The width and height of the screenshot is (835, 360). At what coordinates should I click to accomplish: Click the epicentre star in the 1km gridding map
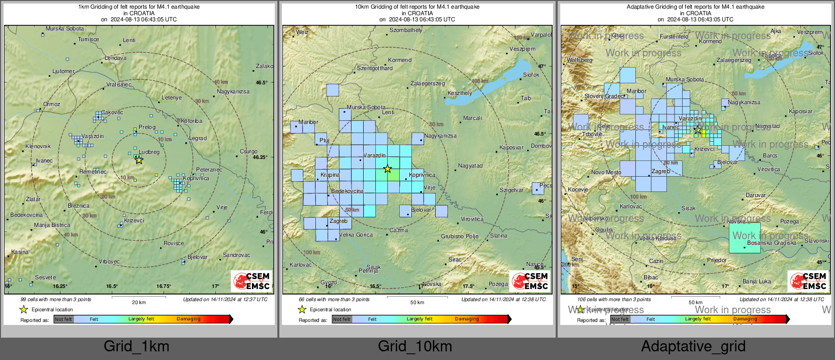pos(139,160)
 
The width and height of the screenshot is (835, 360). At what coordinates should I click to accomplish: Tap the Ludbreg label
pos(149,152)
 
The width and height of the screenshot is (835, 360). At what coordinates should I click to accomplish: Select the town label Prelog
pos(147,127)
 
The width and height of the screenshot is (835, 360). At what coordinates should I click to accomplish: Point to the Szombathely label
pos(406,30)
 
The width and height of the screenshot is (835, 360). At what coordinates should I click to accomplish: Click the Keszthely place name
pos(460,93)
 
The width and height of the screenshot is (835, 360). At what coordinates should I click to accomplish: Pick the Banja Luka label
pos(756,281)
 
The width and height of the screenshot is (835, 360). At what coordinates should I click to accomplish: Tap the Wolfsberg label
pos(580,60)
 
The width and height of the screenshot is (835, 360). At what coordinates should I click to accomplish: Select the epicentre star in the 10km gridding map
pos(388,169)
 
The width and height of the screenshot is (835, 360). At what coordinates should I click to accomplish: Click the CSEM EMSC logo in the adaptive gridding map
pos(807,281)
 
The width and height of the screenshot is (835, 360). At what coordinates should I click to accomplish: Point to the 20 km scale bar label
pos(139,303)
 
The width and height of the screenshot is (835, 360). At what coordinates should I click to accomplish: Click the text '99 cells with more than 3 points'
pos(56,300)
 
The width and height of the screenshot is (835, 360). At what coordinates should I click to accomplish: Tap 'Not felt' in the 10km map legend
pos(342,319)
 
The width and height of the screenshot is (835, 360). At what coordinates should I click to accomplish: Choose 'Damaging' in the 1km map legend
pos(188,319)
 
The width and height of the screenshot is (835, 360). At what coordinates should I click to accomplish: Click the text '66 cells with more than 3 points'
pos(334,300)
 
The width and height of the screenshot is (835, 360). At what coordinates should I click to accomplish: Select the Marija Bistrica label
pos(52,225)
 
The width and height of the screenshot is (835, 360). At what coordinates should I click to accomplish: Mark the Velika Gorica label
pos(356,235)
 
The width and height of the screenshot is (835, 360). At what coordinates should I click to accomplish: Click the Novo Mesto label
pos(606,173)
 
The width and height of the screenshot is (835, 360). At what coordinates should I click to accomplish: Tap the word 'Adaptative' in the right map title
pos(640,7)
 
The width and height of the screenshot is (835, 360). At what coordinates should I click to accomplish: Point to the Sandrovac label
pos(236,255)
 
